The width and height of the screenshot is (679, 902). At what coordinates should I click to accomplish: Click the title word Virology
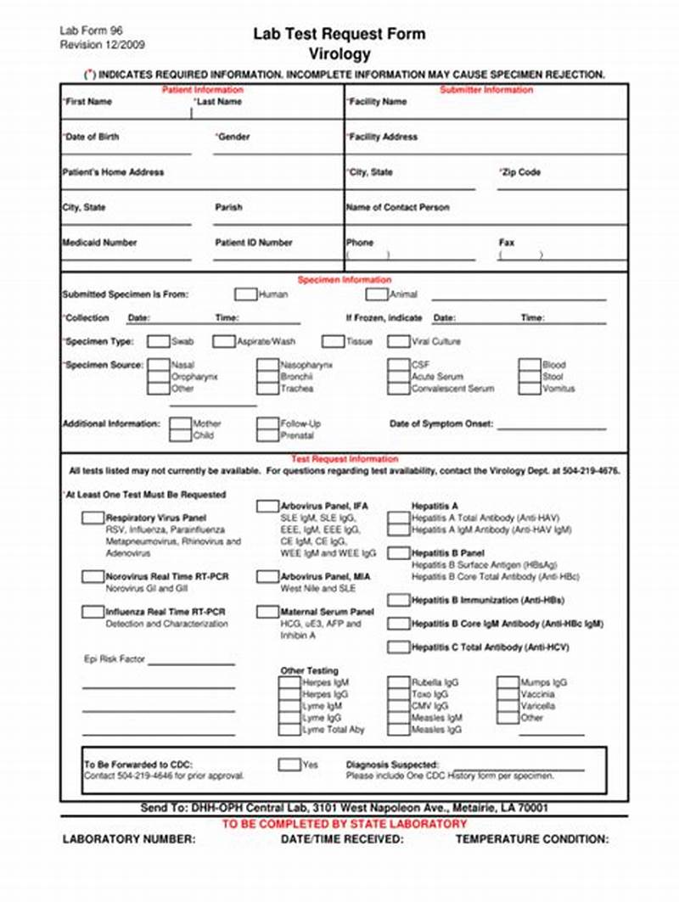click(x=339, y=54)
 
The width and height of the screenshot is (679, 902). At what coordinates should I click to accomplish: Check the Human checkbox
click(x=245, y=294)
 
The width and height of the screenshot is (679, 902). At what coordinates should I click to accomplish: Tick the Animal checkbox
click(x=376, y=294)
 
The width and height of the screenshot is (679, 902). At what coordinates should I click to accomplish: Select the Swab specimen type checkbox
click(x=158, y=342)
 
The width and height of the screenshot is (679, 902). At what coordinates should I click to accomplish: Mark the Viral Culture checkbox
click(x=398, y=342)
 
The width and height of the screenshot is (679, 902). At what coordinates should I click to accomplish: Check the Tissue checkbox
click(x=333, y=342)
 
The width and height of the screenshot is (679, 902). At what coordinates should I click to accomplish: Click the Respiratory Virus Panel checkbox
click(x=93, y=518)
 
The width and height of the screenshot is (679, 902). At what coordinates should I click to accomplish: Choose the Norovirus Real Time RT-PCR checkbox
click(x=93, y=577)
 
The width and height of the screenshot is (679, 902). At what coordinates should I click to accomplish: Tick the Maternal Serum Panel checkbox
click(x=267, y=612)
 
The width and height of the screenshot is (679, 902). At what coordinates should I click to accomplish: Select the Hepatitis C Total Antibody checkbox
click(x=398, y=647)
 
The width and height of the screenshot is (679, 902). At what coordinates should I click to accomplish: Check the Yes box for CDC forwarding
click(x=289, y=765)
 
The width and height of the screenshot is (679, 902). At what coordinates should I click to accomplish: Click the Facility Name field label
click(x=377, y=102)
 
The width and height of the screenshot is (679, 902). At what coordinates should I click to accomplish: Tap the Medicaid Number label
click(x=99, y=243)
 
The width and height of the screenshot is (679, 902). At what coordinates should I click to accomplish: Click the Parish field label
click(x=228, y=207)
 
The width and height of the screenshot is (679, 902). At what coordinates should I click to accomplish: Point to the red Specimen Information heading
click(x=344, y=280)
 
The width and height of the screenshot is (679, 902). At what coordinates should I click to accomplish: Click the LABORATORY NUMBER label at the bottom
click(x=129, y=839)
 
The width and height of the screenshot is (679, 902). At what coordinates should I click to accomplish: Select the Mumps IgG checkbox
click(x=531, y=682)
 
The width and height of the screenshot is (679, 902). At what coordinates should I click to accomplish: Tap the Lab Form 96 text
click(x=89, y=31)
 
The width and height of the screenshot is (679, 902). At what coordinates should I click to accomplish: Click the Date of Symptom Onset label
click(x=441, y=423)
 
